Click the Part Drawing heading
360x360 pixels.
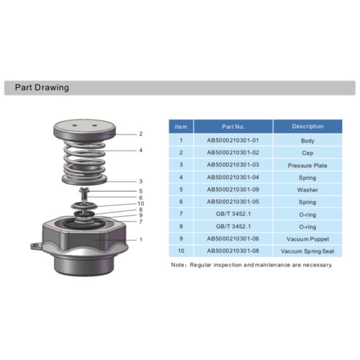pyautogui.click(x=42, y=88)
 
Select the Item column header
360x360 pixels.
pyautogui.click(x=181, y=127)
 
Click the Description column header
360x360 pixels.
pyautogui.click(x=307, y=127)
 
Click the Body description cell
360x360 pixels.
pyautogui.click(x=307, y=140)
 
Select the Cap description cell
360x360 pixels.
pyautogui.click(x=307, y=153)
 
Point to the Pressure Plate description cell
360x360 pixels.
pyautogui.click(x=307, y=165)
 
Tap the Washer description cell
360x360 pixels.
pyautogui.click(x=307, y=190)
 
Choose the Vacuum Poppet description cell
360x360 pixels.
pyautogui.click(x=307, y=239)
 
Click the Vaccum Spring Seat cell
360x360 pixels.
pyautogui.click(x=307, y=251)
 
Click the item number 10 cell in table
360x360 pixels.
pyautogui.click(x=181, y=251)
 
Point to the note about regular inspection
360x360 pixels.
pyautogui.click(x=251, y=265)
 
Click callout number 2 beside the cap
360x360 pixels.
pyautogui.click(x=140, y=134)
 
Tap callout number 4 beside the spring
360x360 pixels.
pyautogui.click(x=140, y=150)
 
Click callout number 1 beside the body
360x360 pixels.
pyautogui.click(x=140, y=240)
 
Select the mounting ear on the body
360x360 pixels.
pyautogui.click(x=37, y=246)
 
